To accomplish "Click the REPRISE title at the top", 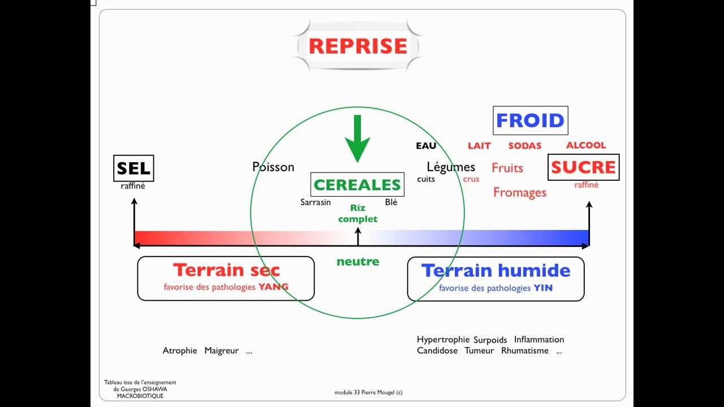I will pyautogui.click(x=358, y=46).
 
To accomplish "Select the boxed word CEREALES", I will pyautogui.click(x=357, y=185).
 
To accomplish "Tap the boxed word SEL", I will pyautogui.click(x=133, y=168).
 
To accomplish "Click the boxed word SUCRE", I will pyautogui.click(x=583, y=167).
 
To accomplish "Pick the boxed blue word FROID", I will pyautogui.click(x=530, y=120).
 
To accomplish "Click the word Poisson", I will pyautogui.click(x=273, y=167).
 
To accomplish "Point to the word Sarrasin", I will pyautogui.click(x=316, y=202).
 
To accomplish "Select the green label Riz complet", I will pyautogui.click(x=357, y=214).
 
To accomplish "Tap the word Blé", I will pyautogui.click(x=391, y=202).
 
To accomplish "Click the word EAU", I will pyautogui.click(x=426, y=146).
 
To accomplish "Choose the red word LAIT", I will pyautogui.click(x=479, y=146).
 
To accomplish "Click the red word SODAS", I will pyautogui.click(x=524, y=146).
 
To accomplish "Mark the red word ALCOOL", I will pyautogui.click(x=586, y=145).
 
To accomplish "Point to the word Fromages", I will pyautogui.click(x=520, y=192).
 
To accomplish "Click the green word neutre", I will pyautogui.click(x=357, y=262).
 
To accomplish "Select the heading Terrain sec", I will pyautogui.click(x=226, y=270).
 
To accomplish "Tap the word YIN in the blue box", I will pyautogui.click(x=542, y=288).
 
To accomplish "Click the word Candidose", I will pyautogui.click(x=438, y=350).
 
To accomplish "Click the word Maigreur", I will pyautogui.click(x=222, y=350).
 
